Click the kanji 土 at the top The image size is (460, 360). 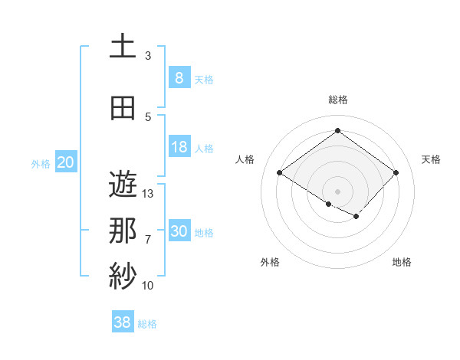tap(123, 47)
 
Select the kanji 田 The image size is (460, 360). tap(123, 109)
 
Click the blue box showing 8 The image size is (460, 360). tap(179, 77)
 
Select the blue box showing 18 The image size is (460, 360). tap(179, 147)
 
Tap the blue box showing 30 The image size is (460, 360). tap(179, 231)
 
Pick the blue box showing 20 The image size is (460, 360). tap(66, 162)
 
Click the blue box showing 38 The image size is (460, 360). tap(122, 322)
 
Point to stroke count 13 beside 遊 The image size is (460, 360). tap(148, 194)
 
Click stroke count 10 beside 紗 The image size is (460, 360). tap(148, 286)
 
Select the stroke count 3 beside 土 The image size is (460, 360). tap(148, 56)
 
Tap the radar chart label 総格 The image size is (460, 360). tap(337, 100)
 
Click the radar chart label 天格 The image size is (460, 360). tap(431, 159)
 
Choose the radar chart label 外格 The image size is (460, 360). tap(270, 262)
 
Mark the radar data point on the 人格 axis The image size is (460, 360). tap(279, 173)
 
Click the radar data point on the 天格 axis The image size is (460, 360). tap(396, 173)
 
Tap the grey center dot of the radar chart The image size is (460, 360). tap(337, 191)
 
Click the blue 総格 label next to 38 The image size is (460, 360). tap(147, 324)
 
